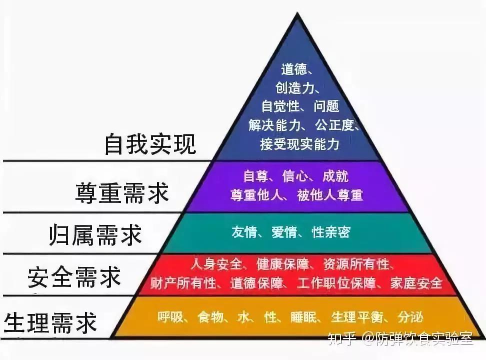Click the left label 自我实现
[150, 144]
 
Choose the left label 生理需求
[50, 322]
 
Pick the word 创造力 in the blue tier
[295, 88]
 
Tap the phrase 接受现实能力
[299, 144]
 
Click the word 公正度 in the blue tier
[334, 125]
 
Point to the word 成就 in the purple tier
[335, 176]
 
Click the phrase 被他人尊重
[330, 195]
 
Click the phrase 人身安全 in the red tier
[216, 264]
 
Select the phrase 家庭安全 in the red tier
[416, 283]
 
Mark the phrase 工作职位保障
[336, 283]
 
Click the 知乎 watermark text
[341, 338]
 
